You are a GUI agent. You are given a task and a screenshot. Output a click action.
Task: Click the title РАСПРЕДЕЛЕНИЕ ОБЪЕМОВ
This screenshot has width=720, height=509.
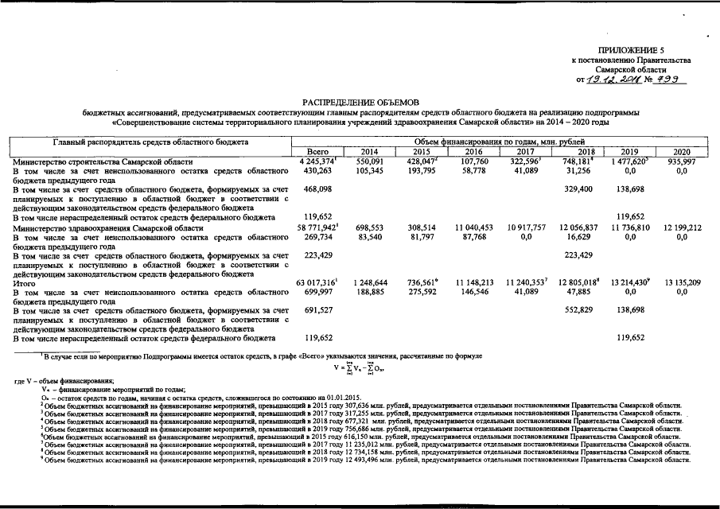(x=360, y=103)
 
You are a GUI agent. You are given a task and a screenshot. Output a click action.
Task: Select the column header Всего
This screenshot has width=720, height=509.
(x=317, y=151)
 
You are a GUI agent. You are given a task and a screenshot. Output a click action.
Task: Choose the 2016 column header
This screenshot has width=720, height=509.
(x=473, y=151)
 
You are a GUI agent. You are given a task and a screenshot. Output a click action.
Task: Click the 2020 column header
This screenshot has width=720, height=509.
(x=681, y=151)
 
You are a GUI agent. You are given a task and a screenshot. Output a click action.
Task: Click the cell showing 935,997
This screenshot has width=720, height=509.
(x=681, y=161)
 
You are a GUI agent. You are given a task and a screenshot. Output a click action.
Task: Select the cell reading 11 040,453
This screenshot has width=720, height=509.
(x=475, y=227)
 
